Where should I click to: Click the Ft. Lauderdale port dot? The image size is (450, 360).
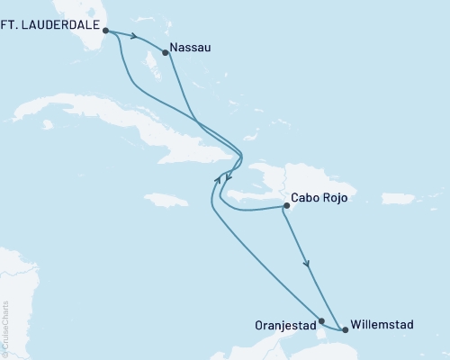click(x=105, y=30)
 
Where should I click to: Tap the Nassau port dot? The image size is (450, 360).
click(x=165, y=52)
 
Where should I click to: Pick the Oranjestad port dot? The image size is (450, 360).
click(x=321, y=319)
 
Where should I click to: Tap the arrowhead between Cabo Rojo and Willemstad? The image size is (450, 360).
click(x=309, y=264)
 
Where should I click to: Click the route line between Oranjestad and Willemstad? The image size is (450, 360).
click(x=333, y=325)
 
